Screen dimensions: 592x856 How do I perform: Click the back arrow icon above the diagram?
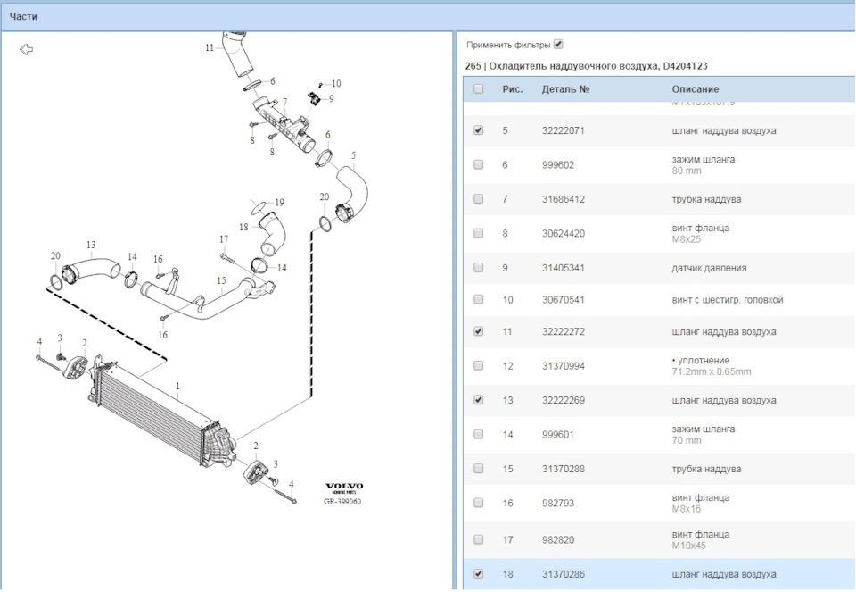(27, 50)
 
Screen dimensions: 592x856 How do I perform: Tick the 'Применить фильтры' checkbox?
(558, 44)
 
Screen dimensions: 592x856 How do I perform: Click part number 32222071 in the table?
(564, 130)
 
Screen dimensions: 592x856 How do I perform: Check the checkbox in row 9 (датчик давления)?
(479, 267)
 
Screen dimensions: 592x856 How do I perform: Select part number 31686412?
(564, 199)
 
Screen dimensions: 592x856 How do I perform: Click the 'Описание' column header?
(695, 89)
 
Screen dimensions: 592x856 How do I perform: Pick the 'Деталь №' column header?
(565, 89)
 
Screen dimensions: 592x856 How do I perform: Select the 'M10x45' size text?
(688, 545)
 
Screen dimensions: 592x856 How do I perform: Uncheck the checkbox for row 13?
(479, 400)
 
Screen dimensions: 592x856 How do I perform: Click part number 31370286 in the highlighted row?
(564, 574)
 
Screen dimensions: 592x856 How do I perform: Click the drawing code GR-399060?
(342, 501)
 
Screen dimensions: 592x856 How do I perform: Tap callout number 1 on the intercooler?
(177, 387)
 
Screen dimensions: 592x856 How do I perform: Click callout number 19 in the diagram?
(279, 203)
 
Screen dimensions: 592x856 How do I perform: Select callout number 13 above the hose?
(90, 244)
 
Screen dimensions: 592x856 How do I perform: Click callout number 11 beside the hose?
(210, 47)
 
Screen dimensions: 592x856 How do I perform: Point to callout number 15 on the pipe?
(221, 280)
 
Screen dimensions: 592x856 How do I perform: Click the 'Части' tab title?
(24, 16)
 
